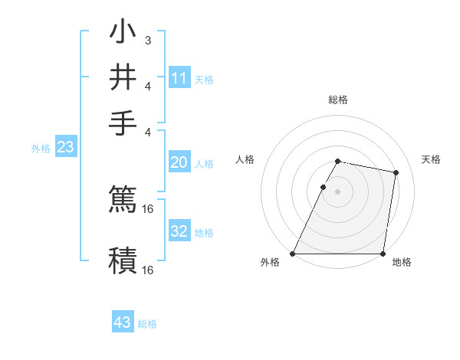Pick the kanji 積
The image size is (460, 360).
123,259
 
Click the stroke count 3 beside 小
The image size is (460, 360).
147,40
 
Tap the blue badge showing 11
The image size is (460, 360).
179,77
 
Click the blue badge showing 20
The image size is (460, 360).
179,162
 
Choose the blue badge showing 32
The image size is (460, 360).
179,231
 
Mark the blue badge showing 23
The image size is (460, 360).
65,148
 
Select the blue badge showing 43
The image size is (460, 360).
123,322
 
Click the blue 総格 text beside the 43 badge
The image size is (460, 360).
147,324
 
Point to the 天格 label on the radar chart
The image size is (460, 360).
431,159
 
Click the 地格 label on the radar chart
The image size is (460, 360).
402,262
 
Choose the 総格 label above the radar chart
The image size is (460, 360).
337,100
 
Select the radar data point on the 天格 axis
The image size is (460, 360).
396,173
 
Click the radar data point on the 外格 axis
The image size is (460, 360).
293,254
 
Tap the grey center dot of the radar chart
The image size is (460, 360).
337,191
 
